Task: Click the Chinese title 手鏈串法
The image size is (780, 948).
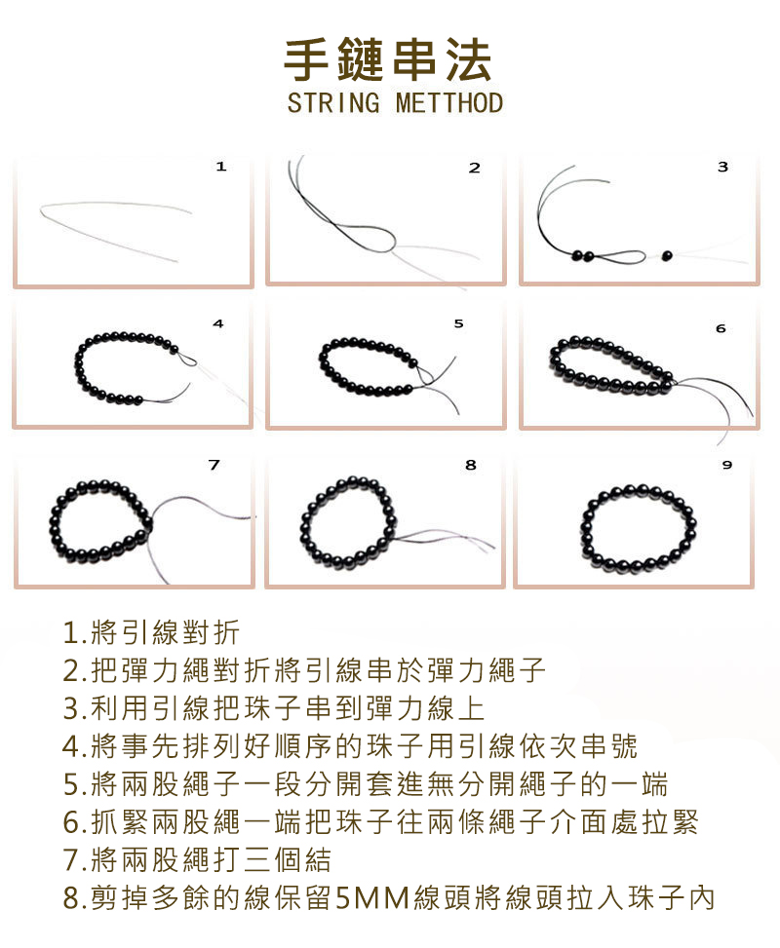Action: (388, 59)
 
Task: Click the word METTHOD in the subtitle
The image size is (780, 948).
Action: (449, 103)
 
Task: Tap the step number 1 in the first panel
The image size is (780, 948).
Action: (221, 167)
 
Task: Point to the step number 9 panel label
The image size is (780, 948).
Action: (726, 466)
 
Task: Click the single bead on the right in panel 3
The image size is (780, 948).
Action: (668, 256)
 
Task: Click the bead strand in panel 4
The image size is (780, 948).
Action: (125, 370)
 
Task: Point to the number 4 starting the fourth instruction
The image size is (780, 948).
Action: (70, 746)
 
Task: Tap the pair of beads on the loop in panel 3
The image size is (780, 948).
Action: (582, 256)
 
